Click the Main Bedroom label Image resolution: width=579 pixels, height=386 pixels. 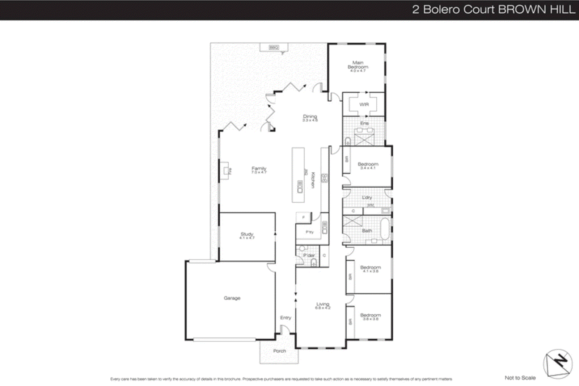pos(358,65)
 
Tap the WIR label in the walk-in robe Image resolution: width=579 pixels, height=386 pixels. pos(364,104)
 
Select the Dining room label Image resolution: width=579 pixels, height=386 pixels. pos(310,117)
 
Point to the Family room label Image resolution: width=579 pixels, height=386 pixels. pos(259,169)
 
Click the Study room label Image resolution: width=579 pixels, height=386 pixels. pos(247,235)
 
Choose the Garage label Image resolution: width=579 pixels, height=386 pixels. pos(232,298)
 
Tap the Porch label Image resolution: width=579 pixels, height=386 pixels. pos(279,351)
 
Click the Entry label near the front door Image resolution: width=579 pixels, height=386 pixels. pos(286,318)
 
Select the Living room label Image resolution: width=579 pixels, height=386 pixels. pos(323,305)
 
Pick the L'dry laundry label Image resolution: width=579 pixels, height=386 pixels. pos(367,197)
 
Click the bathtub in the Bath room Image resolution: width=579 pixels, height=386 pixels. pos(385,228)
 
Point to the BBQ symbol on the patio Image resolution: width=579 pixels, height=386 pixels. pos(274,47)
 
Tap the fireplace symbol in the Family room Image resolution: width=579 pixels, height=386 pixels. pos(225,171)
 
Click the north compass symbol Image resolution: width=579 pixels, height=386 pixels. pos(558,364)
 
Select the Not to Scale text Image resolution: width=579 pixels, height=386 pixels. pos(520,378)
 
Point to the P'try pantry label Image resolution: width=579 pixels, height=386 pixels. pos(309,232)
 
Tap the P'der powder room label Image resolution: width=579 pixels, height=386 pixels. pos(308,255)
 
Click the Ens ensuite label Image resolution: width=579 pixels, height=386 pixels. pos(364,123)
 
